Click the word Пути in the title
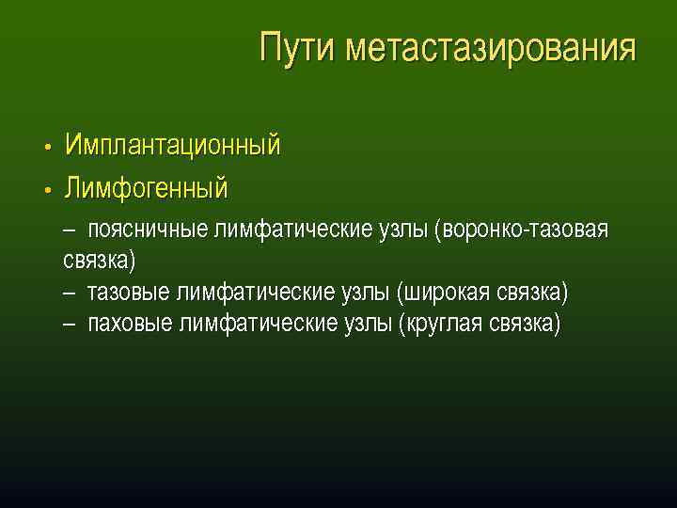point(298,47)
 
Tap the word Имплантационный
point(172,145)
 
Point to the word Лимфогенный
point(146,188)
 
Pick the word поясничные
point(149,230)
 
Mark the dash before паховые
point(71,325)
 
